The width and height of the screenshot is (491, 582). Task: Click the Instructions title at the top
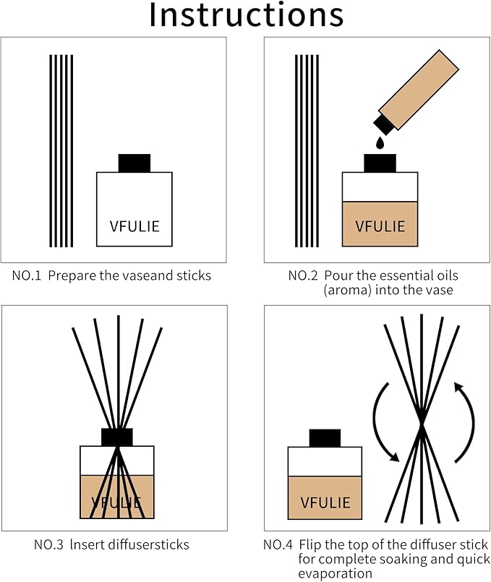246,16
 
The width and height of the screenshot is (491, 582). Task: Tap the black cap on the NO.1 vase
134,163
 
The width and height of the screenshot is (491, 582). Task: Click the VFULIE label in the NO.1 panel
135,226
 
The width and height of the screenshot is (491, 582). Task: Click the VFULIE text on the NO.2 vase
380,226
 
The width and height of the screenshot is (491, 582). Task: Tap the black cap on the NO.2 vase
380,163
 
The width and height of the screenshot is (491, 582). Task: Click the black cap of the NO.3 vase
116,437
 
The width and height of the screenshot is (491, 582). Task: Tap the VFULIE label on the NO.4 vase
325,502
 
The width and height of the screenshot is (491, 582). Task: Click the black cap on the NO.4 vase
325,438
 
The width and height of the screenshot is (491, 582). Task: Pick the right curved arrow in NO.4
464,416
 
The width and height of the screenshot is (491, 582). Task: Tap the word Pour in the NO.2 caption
338,275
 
